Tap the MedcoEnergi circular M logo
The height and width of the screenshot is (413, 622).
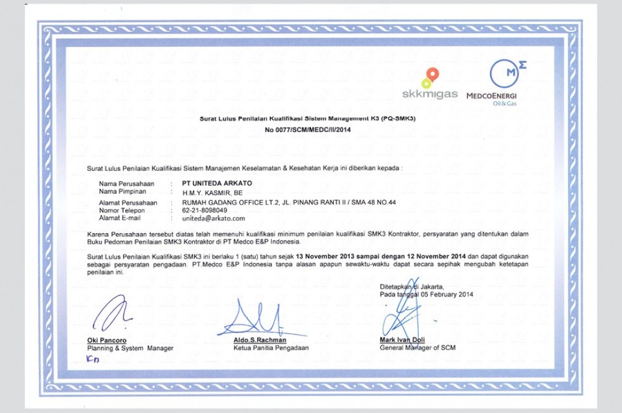[x=505, y=74]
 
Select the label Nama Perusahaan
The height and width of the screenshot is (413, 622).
[x=126, y=183]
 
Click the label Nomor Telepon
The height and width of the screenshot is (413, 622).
[x=122, y=210]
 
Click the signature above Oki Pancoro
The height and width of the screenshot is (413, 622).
[x=110, y=314]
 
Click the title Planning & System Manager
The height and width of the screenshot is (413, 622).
[x=130, y=348]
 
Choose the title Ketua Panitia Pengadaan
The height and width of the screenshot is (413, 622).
[x=271, y=348]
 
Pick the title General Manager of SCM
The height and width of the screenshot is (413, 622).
[x=417, y=348]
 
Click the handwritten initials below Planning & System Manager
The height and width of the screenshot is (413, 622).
[x=93, y=360]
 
